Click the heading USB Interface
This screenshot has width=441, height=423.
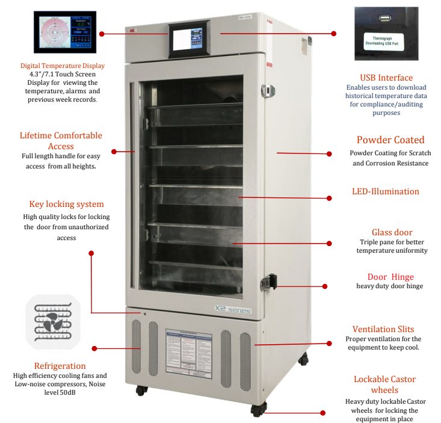[x=386, y=78]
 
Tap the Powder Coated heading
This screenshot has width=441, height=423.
[x=390, y=140]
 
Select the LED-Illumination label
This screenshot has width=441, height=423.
[x=385, y=192]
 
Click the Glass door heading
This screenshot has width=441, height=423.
[x=392, y=232]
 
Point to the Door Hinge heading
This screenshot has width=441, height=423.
[x=390, y=277]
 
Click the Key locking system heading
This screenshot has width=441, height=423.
[x=66, y=205]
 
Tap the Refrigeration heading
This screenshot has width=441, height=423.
[x=60, y=366]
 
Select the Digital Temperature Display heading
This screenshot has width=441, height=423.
[x=63, y=66]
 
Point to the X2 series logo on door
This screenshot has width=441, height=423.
[x=232, y=309]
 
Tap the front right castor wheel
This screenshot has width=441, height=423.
[x=258, y=410]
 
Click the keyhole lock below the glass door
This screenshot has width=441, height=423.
[x=144, y=313]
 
